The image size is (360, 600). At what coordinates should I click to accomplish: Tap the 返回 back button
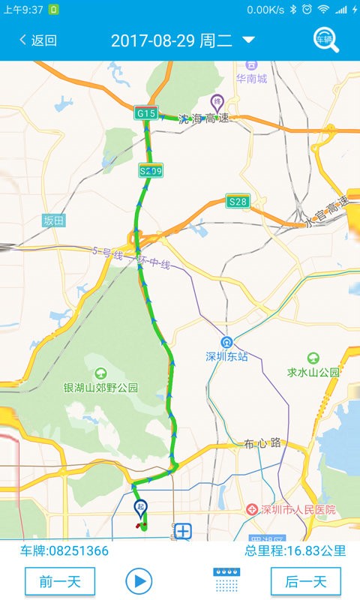point(38,40)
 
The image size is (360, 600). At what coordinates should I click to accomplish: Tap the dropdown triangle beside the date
point(249,40)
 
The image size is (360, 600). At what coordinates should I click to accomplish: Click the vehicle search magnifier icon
point(325,40)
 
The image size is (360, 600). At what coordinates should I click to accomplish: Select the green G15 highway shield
point(146,113)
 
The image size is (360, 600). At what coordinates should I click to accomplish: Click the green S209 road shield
point(151,172)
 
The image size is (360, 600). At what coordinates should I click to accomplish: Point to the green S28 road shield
point(238,201)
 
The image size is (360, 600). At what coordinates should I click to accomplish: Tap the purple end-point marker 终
point(217,103)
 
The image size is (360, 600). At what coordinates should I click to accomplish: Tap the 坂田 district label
point(54,220)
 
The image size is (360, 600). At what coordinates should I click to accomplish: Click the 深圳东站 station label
point(226,356)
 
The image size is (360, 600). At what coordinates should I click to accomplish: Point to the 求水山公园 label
point(313,371)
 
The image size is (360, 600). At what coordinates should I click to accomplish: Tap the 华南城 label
point(251,78)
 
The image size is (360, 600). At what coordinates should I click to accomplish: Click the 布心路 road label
point(262,443)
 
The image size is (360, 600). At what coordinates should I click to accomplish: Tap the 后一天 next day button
point(305,581)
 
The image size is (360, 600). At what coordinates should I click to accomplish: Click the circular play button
point(139,580)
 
